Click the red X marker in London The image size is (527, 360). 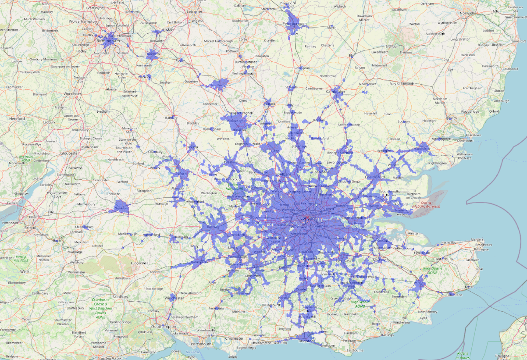tap(307, 218)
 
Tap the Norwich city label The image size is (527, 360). tap(467, 13)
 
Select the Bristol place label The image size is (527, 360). tap(30, 228)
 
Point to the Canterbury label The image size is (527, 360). tap(443, 259)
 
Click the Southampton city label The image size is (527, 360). tap(164, 326)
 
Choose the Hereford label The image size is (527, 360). tap(17, 119)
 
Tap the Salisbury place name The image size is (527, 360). tap(120, 297)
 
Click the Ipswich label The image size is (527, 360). tap(452, 118)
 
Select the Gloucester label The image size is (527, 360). tap(69, 153)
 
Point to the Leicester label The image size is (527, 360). tap(194, 12)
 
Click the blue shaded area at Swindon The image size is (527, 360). tap(121, 207)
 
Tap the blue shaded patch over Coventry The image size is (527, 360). tap(152, 55)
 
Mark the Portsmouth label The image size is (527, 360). tap(201, 344)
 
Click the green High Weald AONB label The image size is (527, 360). tap(360, 304)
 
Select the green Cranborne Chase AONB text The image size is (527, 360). tap(101, 308)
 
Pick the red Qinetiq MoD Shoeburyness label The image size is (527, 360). tap(426, 205)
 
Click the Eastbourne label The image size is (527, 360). tap(355, 350)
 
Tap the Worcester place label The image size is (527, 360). tap(72, 94)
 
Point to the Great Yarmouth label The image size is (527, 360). tap(515, 17)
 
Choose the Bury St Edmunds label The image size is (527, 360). tap(402, 84)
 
